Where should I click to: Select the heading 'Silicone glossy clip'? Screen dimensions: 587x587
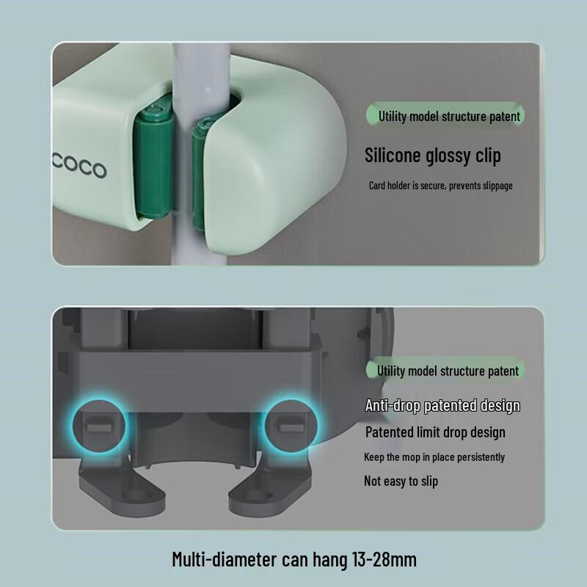433,156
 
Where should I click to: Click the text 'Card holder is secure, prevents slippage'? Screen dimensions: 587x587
440,186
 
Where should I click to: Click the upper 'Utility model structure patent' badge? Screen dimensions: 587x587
449,116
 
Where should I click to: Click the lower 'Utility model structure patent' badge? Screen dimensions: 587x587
448,371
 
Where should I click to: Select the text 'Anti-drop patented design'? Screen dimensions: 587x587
442,406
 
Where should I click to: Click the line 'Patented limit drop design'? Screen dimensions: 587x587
435,432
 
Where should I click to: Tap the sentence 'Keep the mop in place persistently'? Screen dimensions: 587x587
434,457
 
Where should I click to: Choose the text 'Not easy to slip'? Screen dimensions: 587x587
401,481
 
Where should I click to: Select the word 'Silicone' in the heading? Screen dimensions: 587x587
394,156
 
